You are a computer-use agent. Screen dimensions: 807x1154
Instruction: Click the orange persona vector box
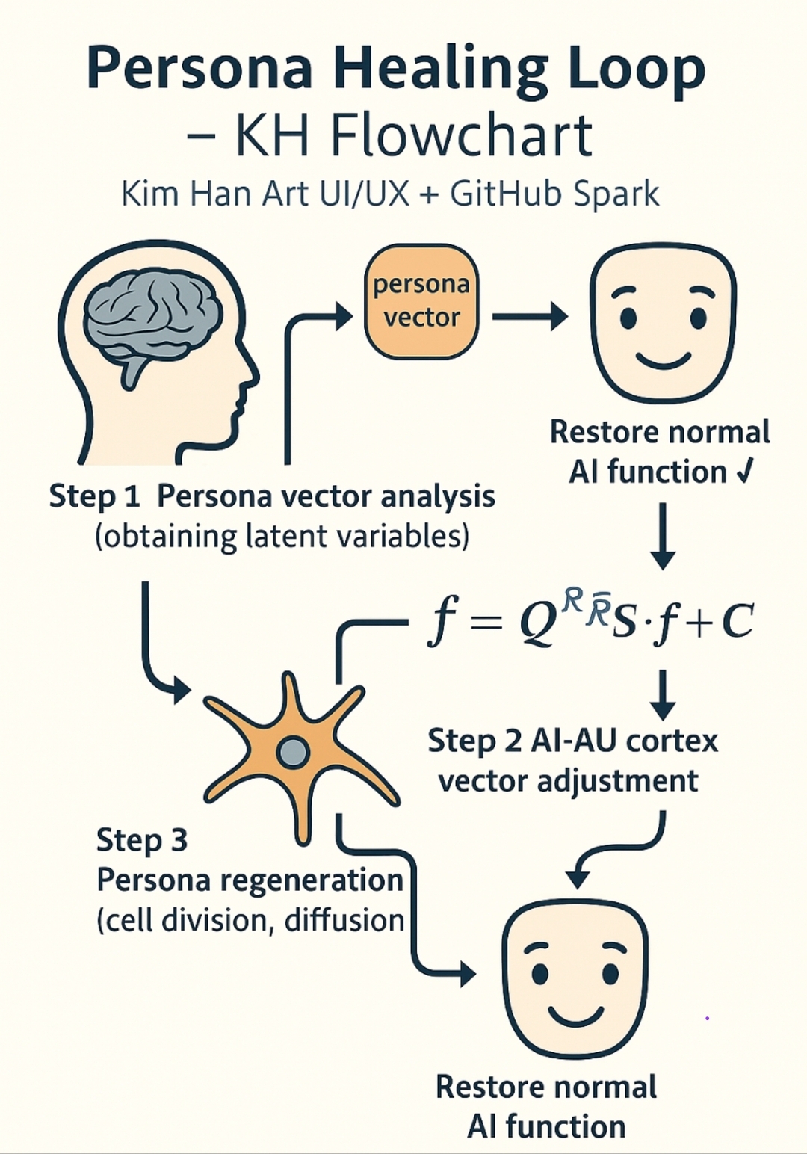421,301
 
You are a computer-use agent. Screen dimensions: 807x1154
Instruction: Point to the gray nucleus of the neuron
293,752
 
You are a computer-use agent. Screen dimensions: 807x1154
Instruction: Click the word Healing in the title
439,70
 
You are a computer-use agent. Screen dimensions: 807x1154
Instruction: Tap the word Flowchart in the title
461,136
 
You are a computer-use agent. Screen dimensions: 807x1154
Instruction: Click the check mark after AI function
745,472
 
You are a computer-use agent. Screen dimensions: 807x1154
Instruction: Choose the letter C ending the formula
738,622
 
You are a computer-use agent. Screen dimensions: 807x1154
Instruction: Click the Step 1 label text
94,496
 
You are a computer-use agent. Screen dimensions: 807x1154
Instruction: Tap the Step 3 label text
142,840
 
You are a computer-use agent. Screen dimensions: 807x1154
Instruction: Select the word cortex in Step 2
671,741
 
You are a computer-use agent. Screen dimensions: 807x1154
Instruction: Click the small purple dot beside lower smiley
707,1018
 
